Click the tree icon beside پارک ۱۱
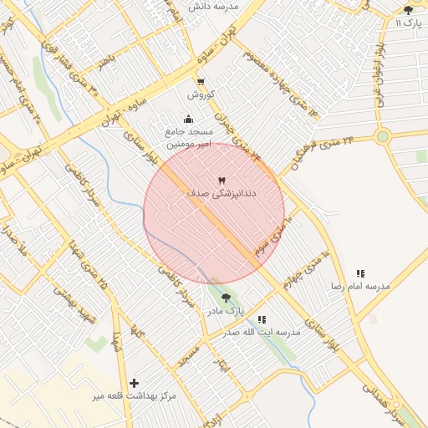tap(408, 10)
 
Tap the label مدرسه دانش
tap(213, 6)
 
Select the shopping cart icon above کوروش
tap(201, 81)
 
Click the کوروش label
tap(201, 94)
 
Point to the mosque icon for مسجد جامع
tap(188, 119)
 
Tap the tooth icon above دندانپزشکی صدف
tap(222, 181)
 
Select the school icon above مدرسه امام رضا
tap(360, 273)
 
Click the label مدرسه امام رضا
tap(360, 286)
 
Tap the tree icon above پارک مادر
tap(226, 298)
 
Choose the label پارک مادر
tap(226, 311)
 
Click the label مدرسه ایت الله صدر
tap(262, 332)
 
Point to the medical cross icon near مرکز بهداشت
tap(135, 383)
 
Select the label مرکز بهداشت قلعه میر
tap(135, 395)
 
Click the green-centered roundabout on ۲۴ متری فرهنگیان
tap(382, 136)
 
